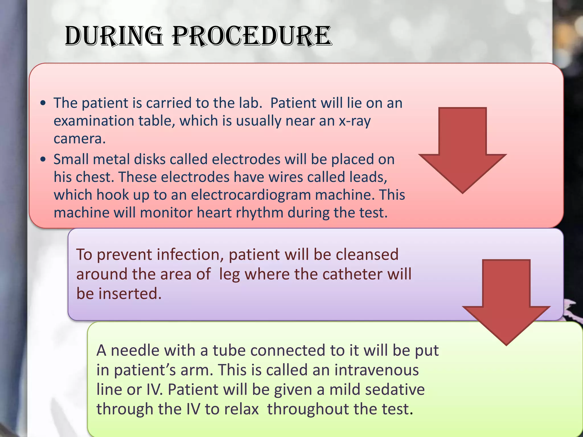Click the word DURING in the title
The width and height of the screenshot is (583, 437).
click(114, 36)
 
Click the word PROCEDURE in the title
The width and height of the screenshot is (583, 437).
click(252, 36)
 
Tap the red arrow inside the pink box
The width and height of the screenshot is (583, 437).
click(462, 148)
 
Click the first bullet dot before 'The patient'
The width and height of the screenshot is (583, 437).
click(43, 104)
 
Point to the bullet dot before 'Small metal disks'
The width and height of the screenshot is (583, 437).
click(43, 160)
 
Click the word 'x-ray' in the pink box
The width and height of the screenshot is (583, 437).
click(355, 121)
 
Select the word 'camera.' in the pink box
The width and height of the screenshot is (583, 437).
click(80, 139)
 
